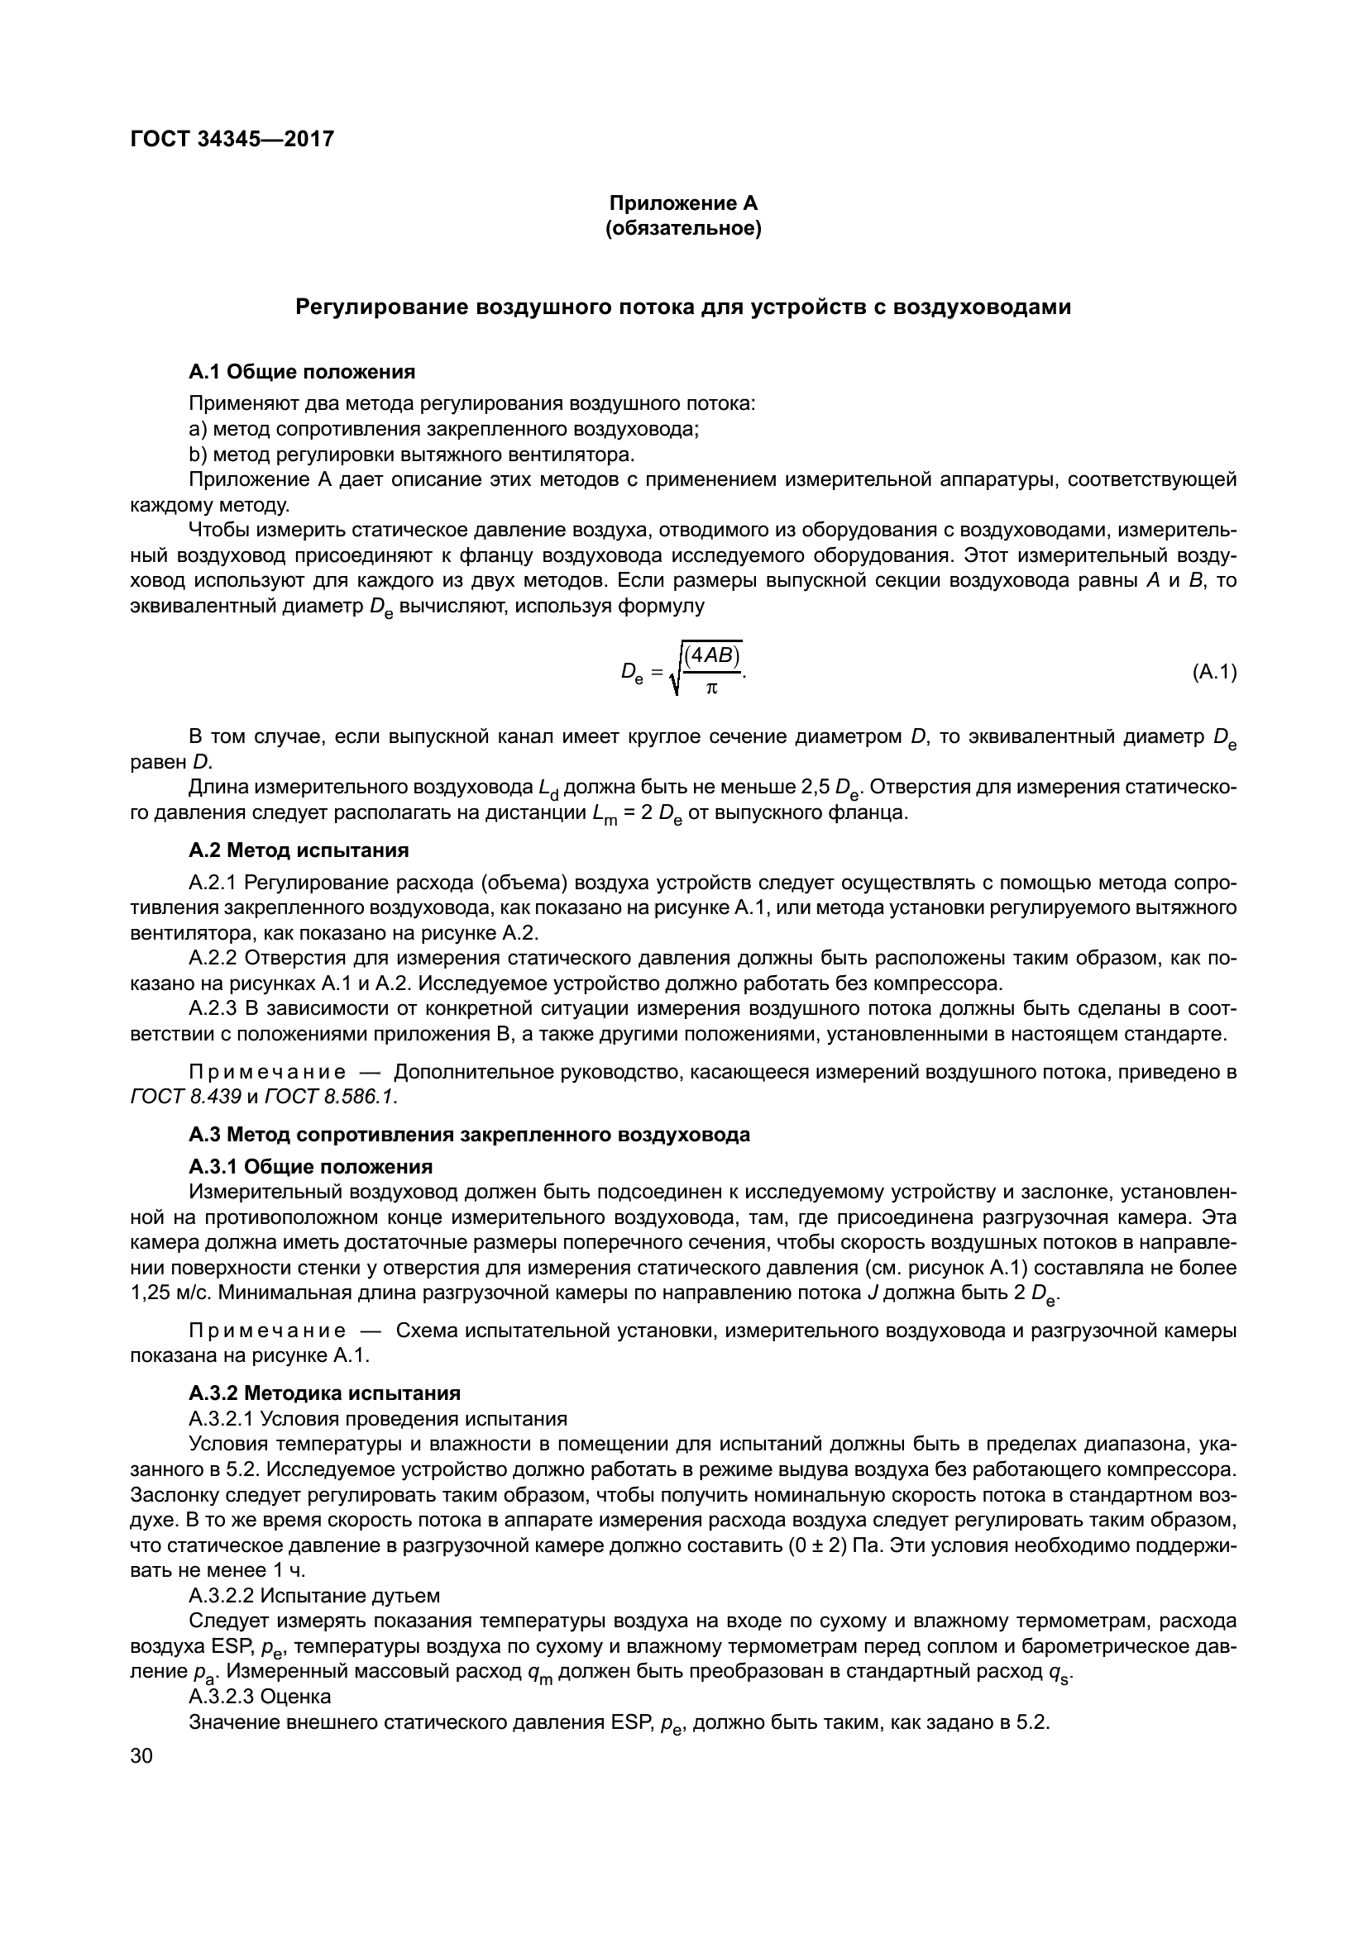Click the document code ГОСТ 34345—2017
232,139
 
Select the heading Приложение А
683,203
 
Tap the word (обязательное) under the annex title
683,228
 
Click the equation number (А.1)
1214,672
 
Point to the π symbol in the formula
711,688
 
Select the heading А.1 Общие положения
302,371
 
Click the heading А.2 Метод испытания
299,850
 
